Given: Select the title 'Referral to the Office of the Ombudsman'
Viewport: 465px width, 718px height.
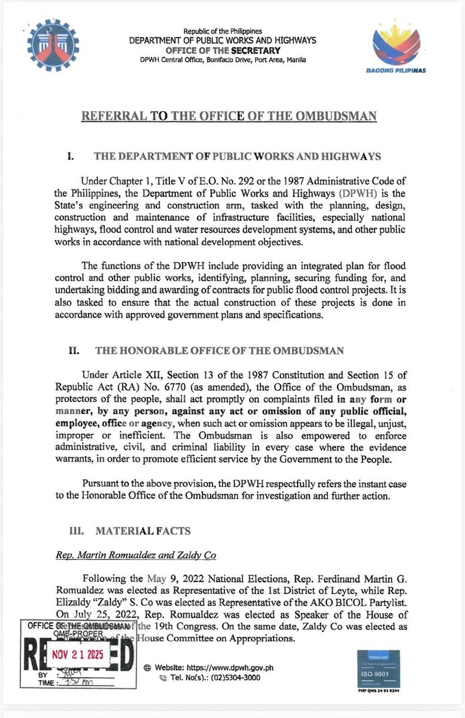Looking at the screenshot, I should tap(229, 115).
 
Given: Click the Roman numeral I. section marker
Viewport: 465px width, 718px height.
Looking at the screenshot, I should tap(70, 157).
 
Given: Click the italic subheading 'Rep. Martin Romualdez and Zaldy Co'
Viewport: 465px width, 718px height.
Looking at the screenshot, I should tap(133, 555).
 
